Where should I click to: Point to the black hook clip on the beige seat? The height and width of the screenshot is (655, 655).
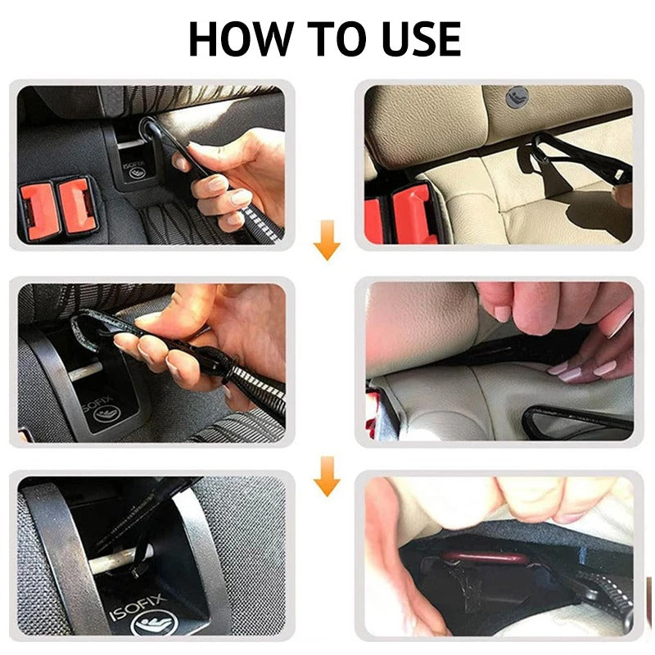point(565,160)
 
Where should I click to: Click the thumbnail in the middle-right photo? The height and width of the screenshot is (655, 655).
point(501,313)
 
